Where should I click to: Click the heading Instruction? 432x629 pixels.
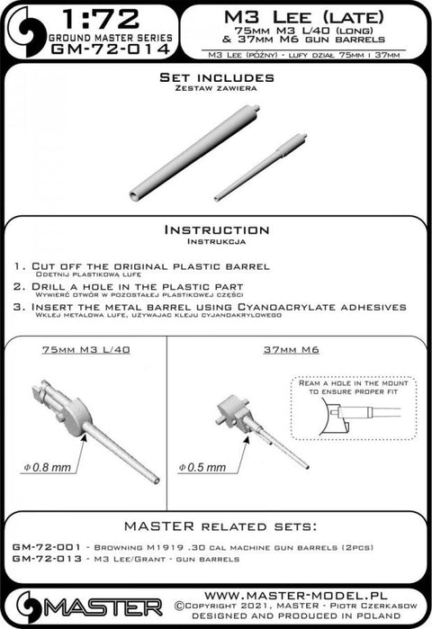click(x=215, y=230)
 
